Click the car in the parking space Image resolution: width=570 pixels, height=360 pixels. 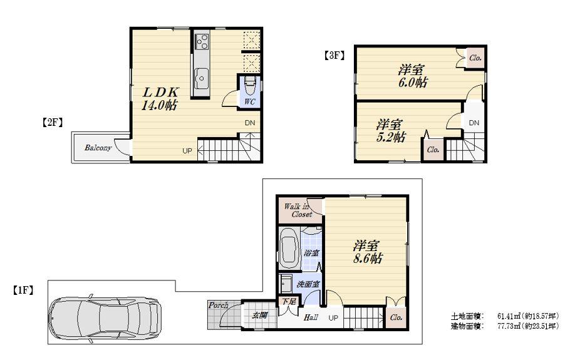pos(105,315)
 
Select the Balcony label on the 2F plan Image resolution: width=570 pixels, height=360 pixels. pos(98,148)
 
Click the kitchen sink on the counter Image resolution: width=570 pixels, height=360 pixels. pos(202,80)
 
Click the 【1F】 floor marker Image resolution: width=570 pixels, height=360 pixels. pos(23,290)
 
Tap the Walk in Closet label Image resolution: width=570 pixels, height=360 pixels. pos(298,210)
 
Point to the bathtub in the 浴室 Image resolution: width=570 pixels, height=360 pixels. pos(288,249)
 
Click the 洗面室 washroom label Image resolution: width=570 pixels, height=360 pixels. pos(308,284)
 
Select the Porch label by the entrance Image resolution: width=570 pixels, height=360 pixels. pos(218,306)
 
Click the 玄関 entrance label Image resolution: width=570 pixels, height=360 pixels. pos(260,315)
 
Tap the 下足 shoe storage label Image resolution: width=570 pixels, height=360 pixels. pos(288,302)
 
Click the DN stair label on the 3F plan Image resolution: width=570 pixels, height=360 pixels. pos(474,123)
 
